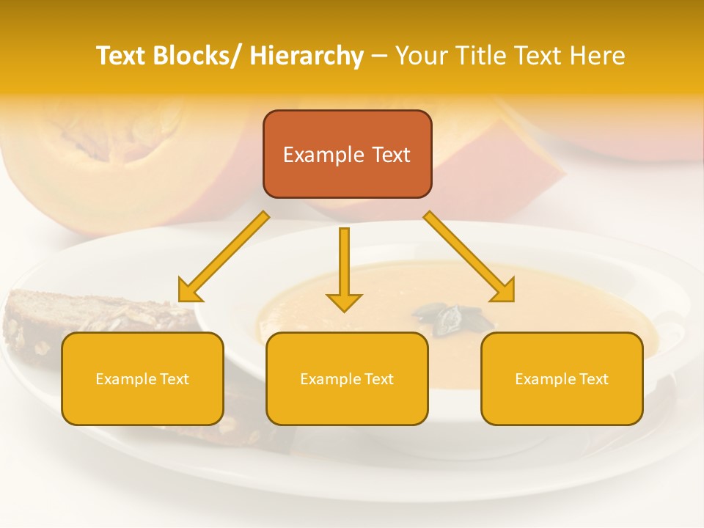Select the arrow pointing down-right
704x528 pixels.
pyautogui.click(x=469, y=257)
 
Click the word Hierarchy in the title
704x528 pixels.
pyautogui.click(x=307, y=56)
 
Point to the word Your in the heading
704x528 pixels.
pyautogui.click(x=419, y=56)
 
